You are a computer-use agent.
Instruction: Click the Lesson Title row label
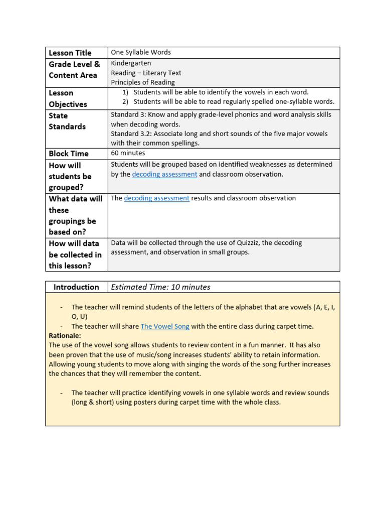point(70,53)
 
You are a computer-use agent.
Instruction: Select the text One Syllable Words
point(141,52)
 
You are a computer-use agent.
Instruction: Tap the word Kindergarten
point(131,63)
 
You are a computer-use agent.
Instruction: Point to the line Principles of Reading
point(143,82)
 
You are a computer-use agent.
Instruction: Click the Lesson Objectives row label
point(68,98)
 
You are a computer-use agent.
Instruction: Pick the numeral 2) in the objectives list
point(126,101)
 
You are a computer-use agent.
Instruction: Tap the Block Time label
point(69,154)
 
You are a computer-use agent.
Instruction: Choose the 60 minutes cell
point(128,153)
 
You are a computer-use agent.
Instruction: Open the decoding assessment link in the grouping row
point(164,174)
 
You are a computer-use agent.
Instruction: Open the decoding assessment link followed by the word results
point(156,198)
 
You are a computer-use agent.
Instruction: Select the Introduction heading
point(76,287)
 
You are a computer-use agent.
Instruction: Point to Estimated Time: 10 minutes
point(160,287)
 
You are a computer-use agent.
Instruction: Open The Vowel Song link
point(165,326)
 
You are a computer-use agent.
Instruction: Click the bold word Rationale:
point(65,335)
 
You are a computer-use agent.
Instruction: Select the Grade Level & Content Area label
point(74,70)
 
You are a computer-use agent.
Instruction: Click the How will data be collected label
point(75,254)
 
